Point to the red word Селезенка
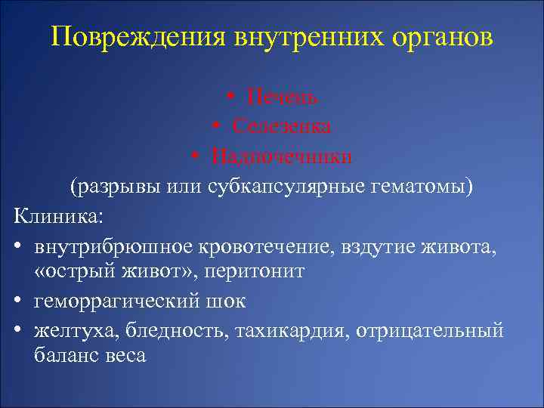[282, 126]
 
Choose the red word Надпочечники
[282, 156]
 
